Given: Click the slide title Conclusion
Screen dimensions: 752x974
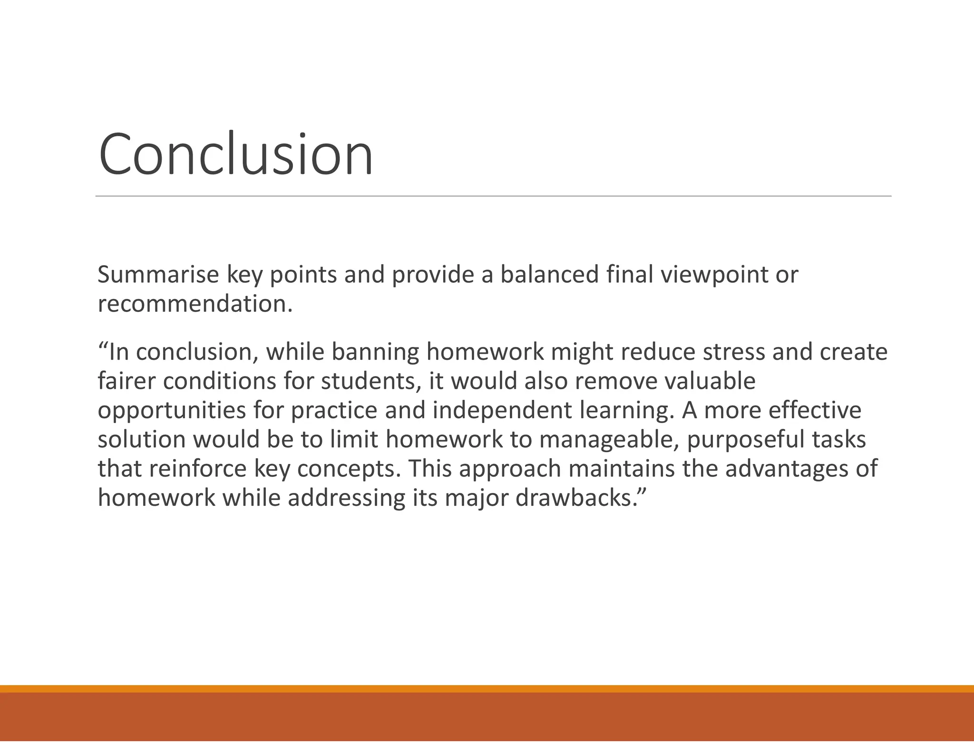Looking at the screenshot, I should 235,155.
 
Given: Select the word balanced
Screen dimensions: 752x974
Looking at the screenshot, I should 549,275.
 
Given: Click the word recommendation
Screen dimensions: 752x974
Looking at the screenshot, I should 194,304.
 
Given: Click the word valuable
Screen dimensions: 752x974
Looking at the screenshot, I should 709,381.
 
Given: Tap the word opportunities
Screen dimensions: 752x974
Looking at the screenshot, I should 172,411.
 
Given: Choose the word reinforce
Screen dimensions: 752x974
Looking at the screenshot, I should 198,469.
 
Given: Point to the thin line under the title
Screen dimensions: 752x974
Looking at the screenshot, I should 493,196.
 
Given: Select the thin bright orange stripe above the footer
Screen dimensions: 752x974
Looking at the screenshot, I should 487,689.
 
